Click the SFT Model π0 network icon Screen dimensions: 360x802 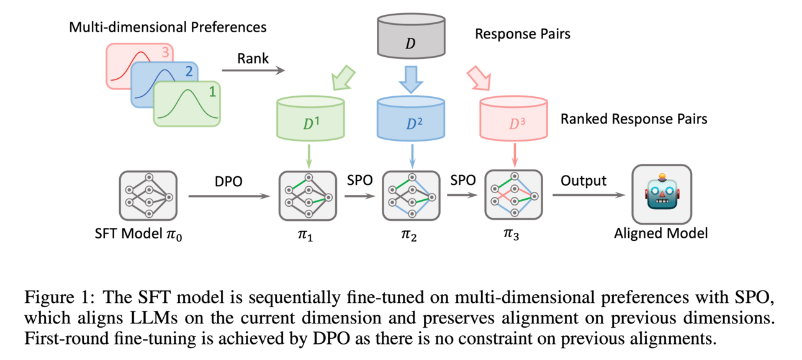point(148,196)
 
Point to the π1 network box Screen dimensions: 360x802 point(308,196)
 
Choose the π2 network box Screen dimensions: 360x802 point(410,196)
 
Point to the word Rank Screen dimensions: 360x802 point(253,59)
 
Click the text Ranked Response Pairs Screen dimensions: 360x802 point(633,119)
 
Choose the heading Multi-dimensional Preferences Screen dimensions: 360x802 point(168,27)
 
